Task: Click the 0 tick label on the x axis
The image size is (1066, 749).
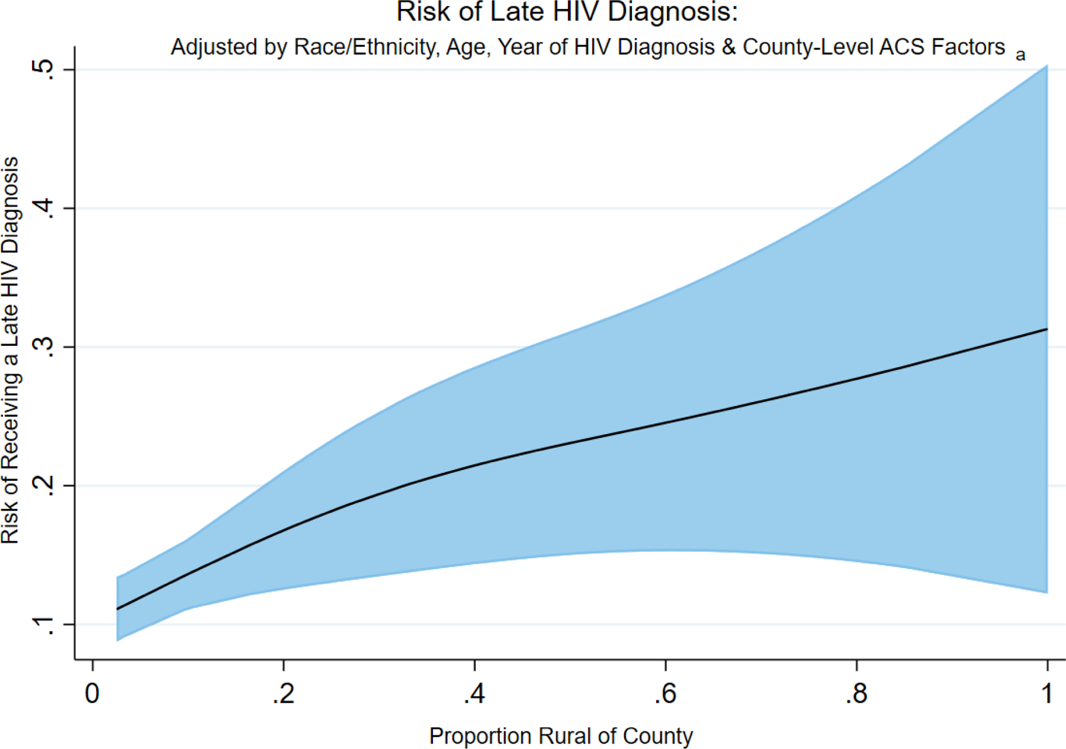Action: point(92,693)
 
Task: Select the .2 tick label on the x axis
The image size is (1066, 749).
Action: point(283,693)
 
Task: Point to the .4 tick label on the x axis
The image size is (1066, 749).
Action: point(474,693)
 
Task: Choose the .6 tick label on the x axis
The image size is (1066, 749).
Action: point(665,693)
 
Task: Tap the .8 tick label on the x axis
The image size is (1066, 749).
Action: point(856,693)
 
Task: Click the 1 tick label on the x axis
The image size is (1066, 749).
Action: point(1047,693)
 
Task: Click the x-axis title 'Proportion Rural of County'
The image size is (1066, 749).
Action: point(561,736)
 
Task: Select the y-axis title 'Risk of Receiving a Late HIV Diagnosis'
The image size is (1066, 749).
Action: point(11,351)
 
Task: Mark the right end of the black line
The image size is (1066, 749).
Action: point(1046,329)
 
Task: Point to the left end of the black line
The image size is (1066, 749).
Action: point(118,609)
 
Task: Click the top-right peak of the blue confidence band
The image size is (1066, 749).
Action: point(1046,66)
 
